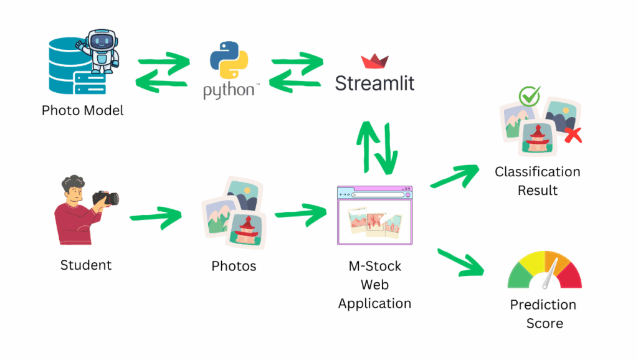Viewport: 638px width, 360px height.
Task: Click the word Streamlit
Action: pyautogui.click(x=374, y=83)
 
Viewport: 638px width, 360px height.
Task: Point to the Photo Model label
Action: pyautogui.click(x=82, y=111)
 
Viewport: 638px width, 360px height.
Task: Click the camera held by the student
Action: pyautogui.click(x=107, y=198)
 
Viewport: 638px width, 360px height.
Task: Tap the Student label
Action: pyautogui.click(x=86, y=265)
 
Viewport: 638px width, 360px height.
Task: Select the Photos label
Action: pyautogui.click(x=234, y=267)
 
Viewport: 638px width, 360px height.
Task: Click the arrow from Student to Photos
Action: pyautogui.click(x=155, y=218)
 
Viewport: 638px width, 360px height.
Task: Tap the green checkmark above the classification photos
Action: pyautogui.click(x=529, y=96)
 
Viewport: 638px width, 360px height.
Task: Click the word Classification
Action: pyautogui.click(x=537, y=172)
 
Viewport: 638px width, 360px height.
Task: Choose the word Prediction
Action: pyautogui.click(x=543, y=305)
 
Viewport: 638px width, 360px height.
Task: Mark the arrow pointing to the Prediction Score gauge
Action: pyautogui.click(x=461, y=262)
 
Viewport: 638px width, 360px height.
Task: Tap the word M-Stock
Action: pyautogui.click(x=374, y=267)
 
